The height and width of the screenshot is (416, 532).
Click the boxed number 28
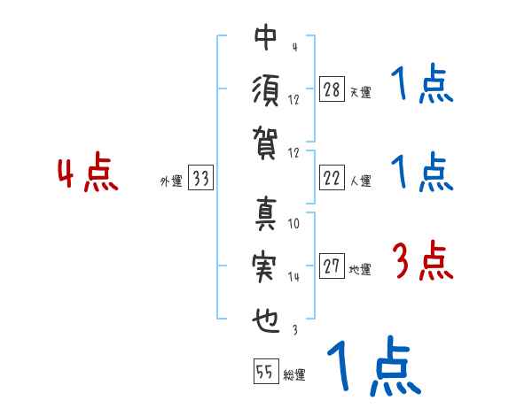[332, 89]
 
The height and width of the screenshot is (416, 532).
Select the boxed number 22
[332, 178]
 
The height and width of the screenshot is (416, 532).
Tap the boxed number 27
[332, 267]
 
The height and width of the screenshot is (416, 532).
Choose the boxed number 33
[200, 179]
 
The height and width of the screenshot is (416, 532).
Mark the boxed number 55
[264, 371]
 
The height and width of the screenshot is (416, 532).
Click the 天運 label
[360, 92]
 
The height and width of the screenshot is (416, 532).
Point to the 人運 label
[360, 181]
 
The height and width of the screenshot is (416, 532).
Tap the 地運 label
[360, 270]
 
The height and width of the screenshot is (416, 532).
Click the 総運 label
[293, 374]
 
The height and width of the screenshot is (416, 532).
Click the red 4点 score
[88, 175]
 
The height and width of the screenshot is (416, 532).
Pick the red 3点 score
[423, 261]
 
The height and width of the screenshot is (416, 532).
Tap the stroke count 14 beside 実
[294, 277]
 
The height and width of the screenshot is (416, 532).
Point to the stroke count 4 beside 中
[293, 47]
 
